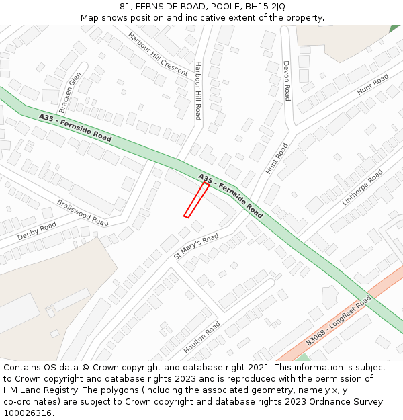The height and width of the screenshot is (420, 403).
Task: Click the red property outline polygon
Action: click(197, 200)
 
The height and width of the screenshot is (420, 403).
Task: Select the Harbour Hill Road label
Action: click(198, 90)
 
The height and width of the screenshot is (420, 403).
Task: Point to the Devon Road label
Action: click(287, 81)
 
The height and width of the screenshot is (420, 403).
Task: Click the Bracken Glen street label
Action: click(70, 91)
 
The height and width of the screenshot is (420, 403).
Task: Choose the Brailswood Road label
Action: click(82, 212)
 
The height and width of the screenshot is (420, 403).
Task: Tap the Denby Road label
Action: click(37, 230)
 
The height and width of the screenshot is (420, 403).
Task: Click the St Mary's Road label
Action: click(196, 247)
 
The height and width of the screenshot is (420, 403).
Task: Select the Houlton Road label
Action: click(201, 337)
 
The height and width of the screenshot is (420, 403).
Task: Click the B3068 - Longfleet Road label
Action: click(339, 321)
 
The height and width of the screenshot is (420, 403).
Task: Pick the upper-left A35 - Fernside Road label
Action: click(75, 127)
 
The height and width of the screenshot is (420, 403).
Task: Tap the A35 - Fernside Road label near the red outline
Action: click(230, 196)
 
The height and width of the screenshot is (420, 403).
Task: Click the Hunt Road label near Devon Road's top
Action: click(373, 84)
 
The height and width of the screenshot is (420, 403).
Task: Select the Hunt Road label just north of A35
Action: click(277, 159)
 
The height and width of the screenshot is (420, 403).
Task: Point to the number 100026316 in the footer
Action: click(28, 413)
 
